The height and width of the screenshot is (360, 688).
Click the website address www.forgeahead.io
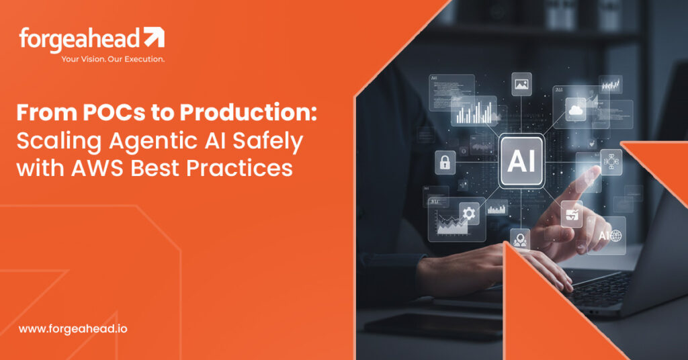[73, 329]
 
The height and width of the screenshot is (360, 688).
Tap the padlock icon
[444, 162]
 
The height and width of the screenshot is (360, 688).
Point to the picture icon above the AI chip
[521, 84]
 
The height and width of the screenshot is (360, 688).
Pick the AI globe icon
[606, 235]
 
